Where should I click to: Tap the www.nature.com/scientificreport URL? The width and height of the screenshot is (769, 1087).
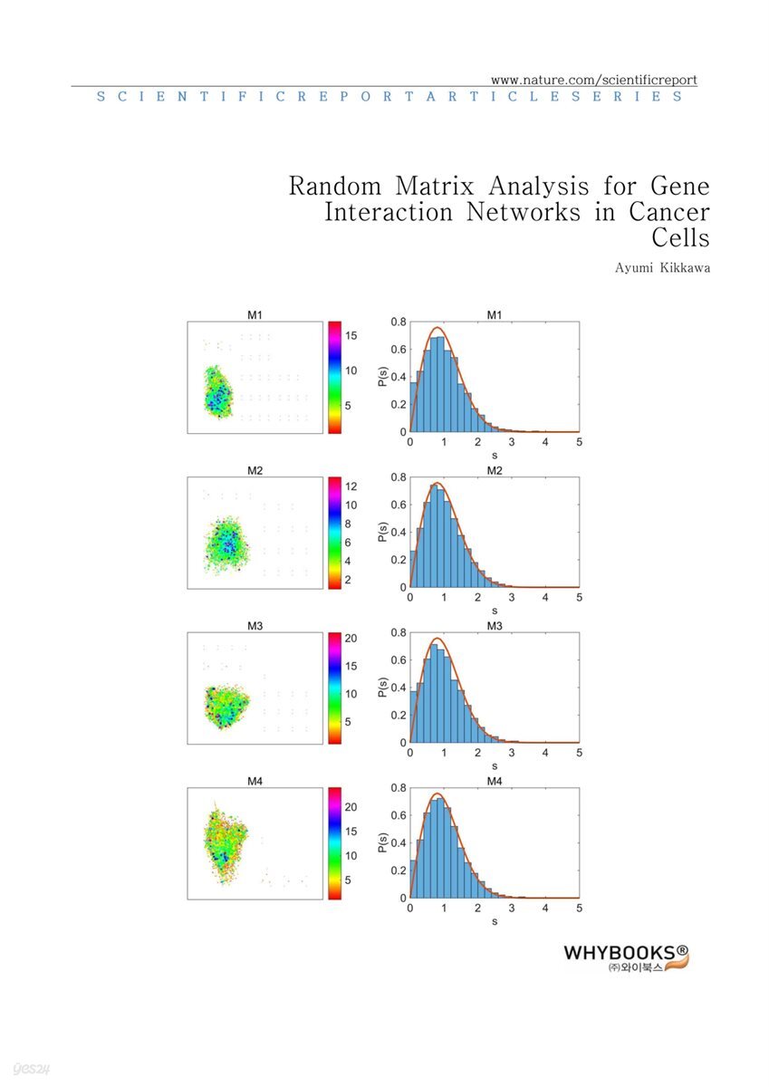tap(594, 80)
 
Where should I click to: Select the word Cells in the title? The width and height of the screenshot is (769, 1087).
tap(681, 238)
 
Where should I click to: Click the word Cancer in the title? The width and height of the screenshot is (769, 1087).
tap(669, 213)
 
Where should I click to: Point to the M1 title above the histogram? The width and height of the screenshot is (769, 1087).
tap(494, 315)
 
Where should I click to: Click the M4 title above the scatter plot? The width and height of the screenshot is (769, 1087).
tap(255, 782)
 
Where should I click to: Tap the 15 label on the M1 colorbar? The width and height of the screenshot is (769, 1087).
tap(351, 335)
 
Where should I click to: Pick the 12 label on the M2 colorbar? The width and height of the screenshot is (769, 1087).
tap(351, 486)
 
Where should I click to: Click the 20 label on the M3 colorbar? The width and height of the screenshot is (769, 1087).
tap(351, 639)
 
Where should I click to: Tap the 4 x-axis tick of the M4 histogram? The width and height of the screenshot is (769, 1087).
tap(544, 909)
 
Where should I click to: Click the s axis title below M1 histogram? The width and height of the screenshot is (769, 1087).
tap(494, 455)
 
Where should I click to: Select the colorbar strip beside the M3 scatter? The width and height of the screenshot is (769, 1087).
tap(334, 688)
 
